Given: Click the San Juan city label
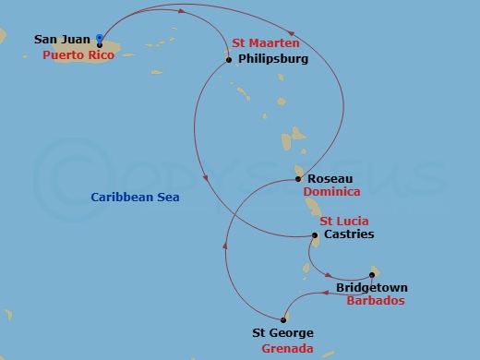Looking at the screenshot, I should (x=63, y=40).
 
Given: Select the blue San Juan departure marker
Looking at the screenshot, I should (x=99, y=38).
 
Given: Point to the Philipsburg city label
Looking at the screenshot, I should (x=273, y=61).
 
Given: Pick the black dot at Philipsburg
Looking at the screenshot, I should (x=229, y=61).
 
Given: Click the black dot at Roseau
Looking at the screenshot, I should (x=297, y=178).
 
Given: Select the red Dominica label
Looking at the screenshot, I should (x=331, y=192).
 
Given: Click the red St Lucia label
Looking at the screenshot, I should (x=344, y=222).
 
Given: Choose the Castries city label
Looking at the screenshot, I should (x=349, y=234).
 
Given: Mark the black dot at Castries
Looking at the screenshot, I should (x=315, y=235).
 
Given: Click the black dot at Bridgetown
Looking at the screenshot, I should (x=372, y=274).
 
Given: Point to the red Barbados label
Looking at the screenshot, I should (x=376, y=301).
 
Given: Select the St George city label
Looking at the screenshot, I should (x=283, y=333).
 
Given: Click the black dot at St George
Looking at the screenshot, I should (x=284, y=319).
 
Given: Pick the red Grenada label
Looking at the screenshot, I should (x=287, y=349).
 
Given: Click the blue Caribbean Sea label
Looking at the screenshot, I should (x=135, y=198).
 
